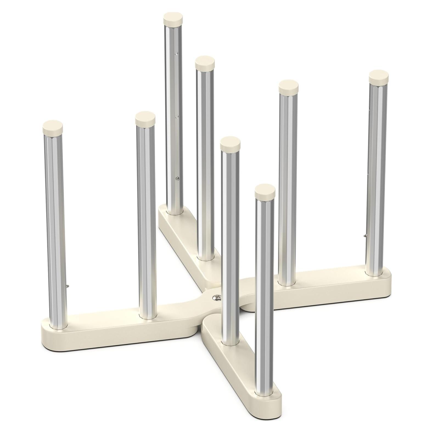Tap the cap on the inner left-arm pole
(145, 117)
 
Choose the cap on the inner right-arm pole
(289, 86)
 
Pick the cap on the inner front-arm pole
(230, 142)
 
